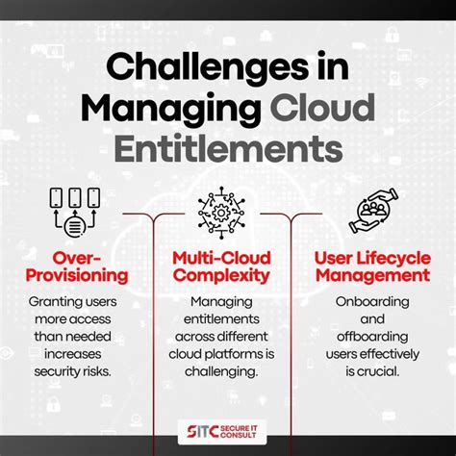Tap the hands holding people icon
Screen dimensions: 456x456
(x=373, y=213)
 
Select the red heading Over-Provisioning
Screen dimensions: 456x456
(x=77, y=267)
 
